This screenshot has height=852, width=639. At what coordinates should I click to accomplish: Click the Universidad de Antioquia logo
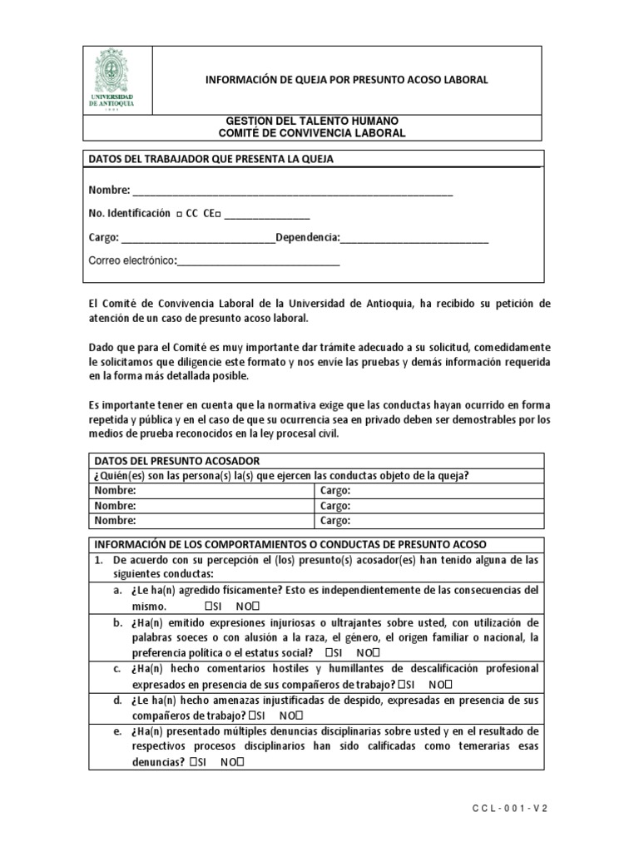(116, 81)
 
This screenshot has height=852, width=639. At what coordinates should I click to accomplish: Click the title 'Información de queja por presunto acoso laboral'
(347, 80)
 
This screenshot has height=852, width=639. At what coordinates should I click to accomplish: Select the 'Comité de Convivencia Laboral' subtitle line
(312, 133)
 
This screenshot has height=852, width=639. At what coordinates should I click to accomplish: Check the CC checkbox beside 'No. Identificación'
(179, 214)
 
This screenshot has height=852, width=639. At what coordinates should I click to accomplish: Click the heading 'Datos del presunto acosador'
(177, 461)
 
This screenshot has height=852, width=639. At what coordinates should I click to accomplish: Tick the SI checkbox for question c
(400, 684)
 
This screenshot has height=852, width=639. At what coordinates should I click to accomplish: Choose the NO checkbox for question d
(296, 715)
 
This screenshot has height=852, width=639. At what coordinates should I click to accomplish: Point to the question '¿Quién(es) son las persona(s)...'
(281, 476)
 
